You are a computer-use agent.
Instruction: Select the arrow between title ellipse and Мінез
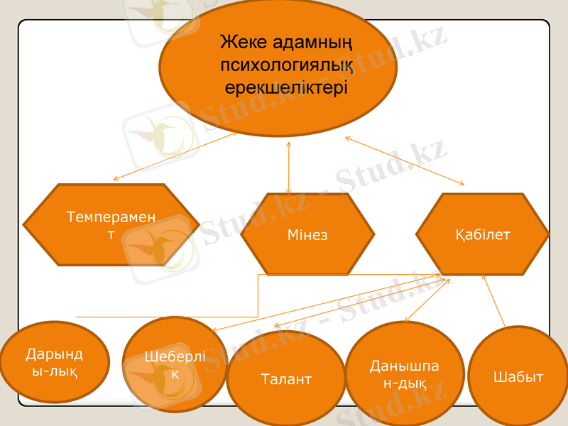click(288, 168)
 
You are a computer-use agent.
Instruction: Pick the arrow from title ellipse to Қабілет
click(405, 161)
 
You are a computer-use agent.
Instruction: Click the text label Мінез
click(307, 234)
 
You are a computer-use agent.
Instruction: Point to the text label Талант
click(285, 379)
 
